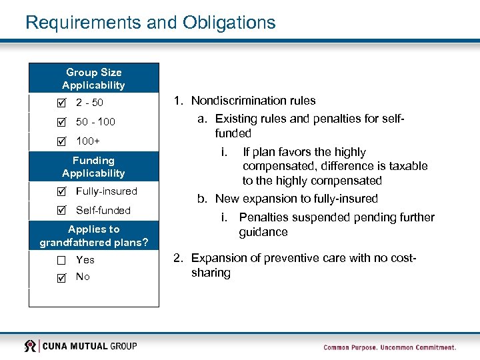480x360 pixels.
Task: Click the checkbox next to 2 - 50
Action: pos(62,103)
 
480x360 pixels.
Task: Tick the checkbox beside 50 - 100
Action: pos(62,123)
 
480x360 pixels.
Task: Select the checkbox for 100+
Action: pos(62,142)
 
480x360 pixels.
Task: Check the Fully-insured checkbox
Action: pos(62,192)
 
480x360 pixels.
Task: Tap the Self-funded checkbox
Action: pos(62,211)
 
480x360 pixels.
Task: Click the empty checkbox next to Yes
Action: pos(62,261)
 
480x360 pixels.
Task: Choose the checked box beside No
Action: pos(62,277)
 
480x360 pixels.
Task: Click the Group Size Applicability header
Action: pos(93,79)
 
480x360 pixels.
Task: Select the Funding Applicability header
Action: pos(93,167)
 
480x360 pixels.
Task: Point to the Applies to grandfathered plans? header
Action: pos(93,235)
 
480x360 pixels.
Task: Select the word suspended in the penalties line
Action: pos(311,217)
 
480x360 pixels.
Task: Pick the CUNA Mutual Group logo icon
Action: pos(31,346)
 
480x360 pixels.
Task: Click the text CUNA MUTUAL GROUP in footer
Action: pos(91,346)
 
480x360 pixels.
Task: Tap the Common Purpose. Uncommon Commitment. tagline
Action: pos(389,347)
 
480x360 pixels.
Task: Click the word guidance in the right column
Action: pos(263,232)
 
